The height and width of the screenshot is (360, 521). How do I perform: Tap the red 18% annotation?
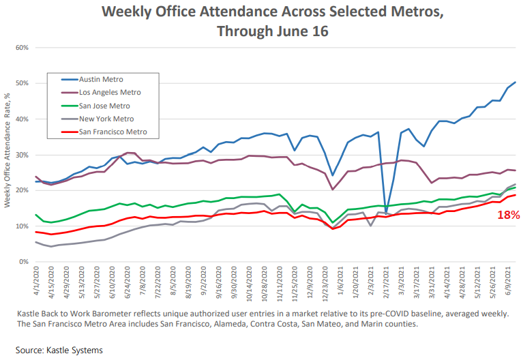coord(508,215)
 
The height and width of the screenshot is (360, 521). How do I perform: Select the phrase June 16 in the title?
coord(308,31)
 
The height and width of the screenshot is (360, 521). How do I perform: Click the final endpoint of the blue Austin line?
coord(515,82)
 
